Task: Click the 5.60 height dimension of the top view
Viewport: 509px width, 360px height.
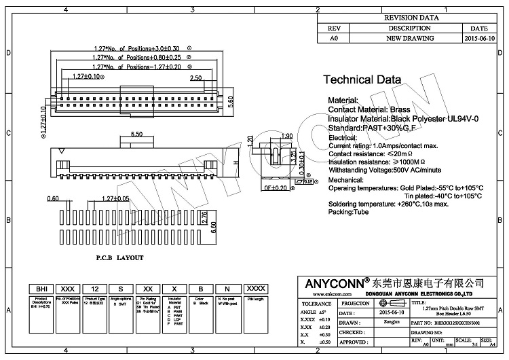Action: [231, 101]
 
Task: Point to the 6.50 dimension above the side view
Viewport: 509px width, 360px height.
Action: [136, 134]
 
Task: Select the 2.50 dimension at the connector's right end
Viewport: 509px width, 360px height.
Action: [195, 79]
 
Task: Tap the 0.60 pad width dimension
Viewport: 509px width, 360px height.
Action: [54, 199]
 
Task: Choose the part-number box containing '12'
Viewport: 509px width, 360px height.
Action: [94, 289]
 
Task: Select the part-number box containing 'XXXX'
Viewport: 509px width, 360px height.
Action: [255, 289]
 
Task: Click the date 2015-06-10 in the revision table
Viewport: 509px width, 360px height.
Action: [479, 39]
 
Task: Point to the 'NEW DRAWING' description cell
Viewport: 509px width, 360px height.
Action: [409, 39]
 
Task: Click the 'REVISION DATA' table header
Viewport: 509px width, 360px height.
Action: [411, 18]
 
